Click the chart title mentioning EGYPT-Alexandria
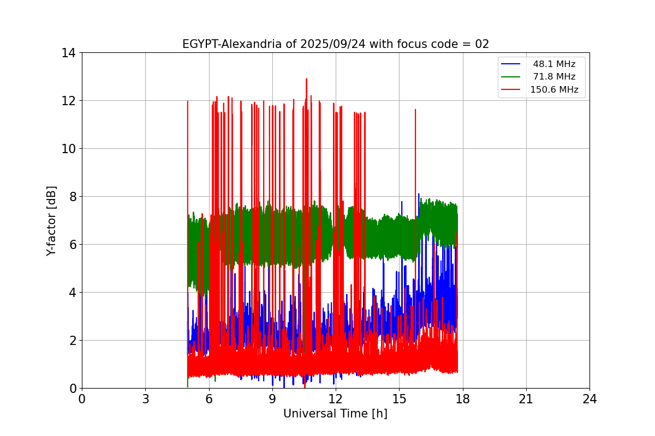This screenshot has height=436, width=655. (x=335, y=44)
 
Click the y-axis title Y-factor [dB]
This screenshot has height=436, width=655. (x=52, y=221)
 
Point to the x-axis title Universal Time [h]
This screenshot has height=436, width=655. (x=335, y=414)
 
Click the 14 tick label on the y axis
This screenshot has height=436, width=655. (x=68, y=53)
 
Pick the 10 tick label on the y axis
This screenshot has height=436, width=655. (x=68, y=149)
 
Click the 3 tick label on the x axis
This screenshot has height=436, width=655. (x=145, y=399)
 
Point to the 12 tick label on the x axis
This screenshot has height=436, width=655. (x=336, y=399)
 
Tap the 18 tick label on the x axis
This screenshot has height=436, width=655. (x=462, y=399)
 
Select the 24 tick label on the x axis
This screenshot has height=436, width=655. (x=589, y=399)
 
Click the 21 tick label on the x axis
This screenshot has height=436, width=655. (x=526, y=399)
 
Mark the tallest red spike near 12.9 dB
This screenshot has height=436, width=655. (x=306, y=80)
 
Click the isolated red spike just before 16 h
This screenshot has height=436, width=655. (x=415, y=110)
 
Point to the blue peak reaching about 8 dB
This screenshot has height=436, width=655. (x=419, y=195)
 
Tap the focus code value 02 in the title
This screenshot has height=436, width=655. (x=482, y=44)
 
